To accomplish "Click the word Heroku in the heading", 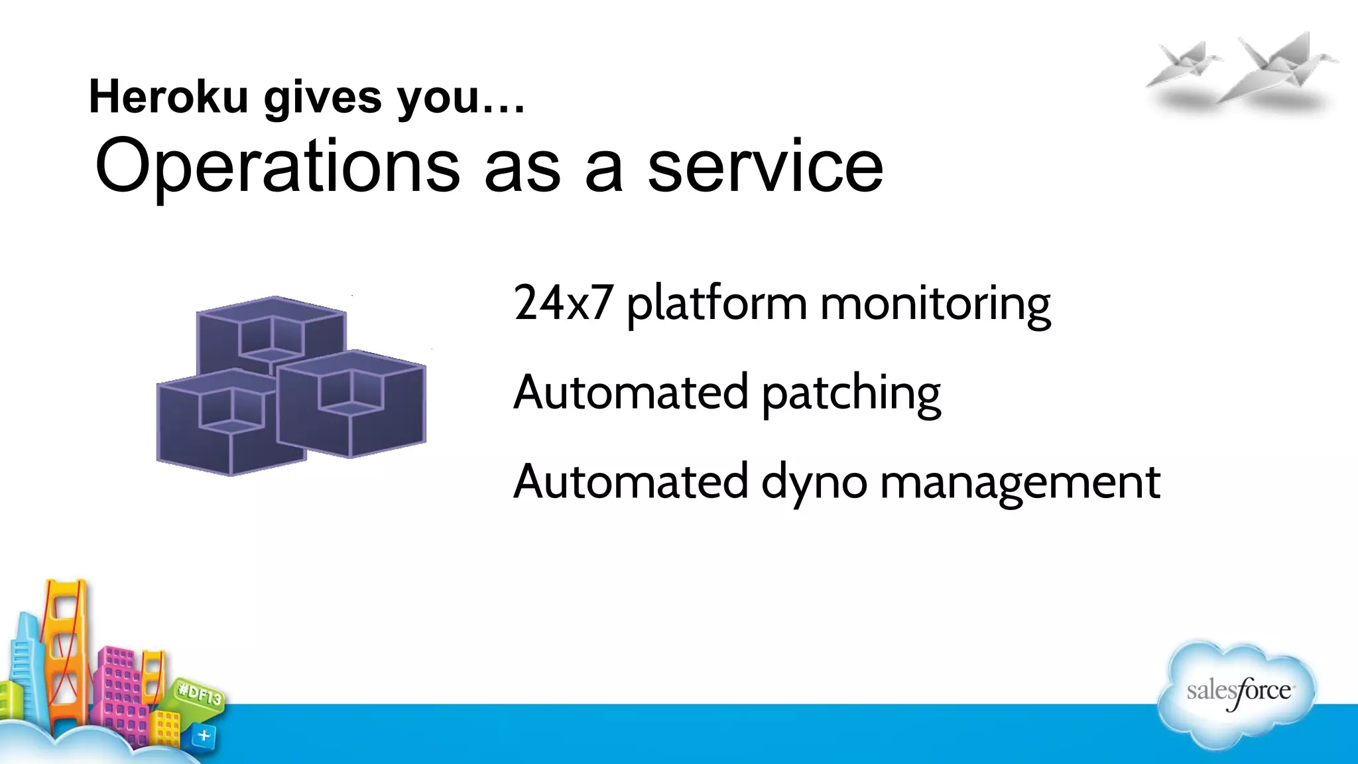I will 168,97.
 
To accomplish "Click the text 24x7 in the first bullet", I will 562,303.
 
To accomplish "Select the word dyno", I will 814,482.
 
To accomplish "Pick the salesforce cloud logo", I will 1237,693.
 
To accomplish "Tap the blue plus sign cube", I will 204,735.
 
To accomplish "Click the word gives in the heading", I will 323,97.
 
